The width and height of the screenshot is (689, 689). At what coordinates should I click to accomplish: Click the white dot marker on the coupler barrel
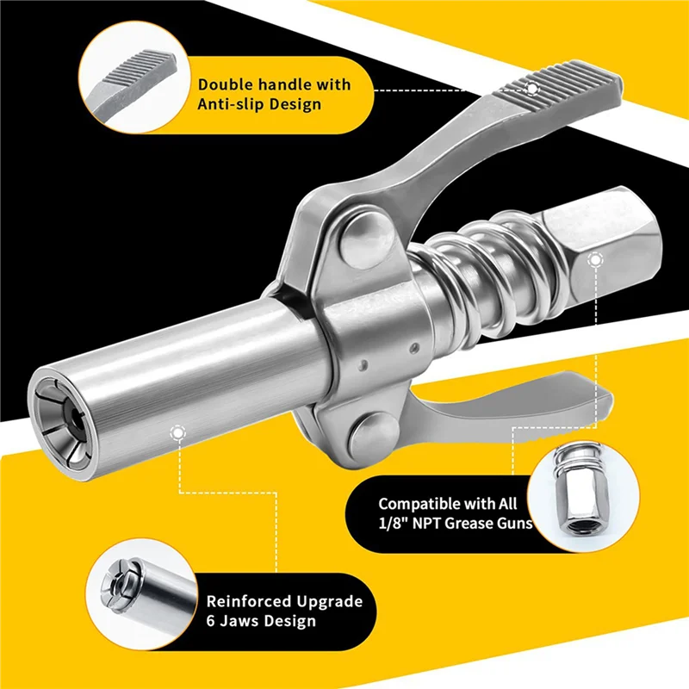pyautogui.click(x=177, y=433)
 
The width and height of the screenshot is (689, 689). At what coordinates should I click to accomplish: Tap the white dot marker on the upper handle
pyautogui.click(x=532, y=88)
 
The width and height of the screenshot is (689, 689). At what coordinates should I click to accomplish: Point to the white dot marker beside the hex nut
pyautogui.click(x=594, y=258)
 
